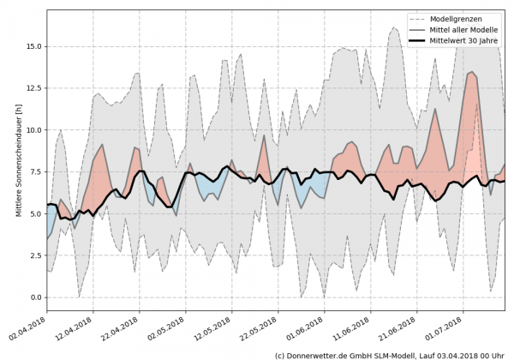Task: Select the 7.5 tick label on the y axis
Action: (34, 171)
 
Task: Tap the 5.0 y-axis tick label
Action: (34, 213)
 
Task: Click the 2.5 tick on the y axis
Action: (34, 255)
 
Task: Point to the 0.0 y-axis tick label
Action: (34, 297)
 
